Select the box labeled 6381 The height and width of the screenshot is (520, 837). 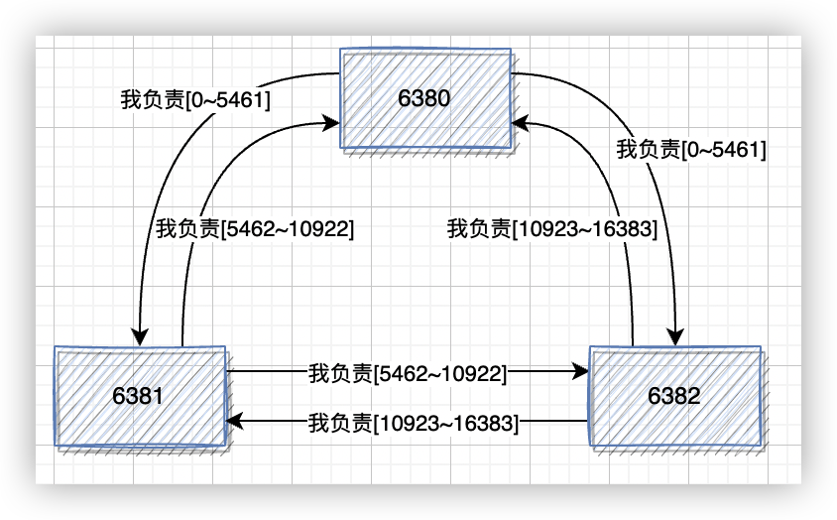click(x=139, y=396)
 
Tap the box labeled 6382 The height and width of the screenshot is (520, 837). click(x=675, y=396)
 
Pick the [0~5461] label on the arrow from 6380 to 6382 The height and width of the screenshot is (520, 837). click(x=692, y=150)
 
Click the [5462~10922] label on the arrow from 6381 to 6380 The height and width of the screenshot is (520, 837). click(x=255, y=227)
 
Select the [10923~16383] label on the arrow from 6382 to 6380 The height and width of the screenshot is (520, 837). click(x=551, y=229)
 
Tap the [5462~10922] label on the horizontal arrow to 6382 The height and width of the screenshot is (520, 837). click(x=408, y=374)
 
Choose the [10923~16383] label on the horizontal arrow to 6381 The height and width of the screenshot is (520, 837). click(x=414, y=423)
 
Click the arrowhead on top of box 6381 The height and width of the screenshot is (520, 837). click(x=140, y=336)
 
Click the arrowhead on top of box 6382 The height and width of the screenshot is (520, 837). click(x=677, y=337)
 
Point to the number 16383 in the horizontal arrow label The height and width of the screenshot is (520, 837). click(x=486, y=423)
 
